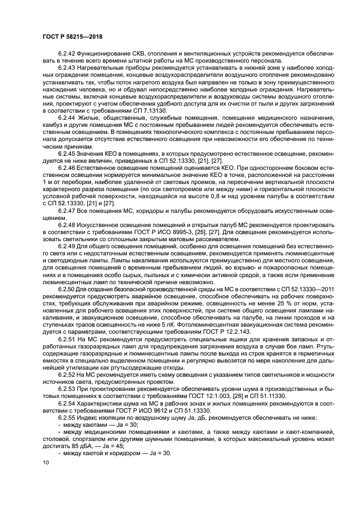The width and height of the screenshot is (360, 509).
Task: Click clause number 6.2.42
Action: tap(67, 54)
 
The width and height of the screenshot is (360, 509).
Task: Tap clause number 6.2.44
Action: tap(67, 118)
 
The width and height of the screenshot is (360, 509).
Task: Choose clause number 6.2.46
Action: tap(67, 168)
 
